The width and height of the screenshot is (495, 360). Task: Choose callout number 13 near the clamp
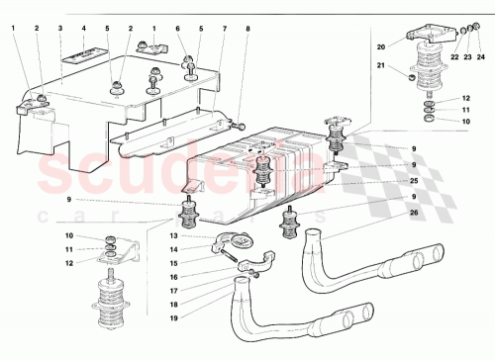point(173,236)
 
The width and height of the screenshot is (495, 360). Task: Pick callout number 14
point(173,250)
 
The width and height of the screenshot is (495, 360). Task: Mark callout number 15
point(173,264)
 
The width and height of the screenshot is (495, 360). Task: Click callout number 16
point(173,278)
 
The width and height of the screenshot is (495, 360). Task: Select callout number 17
point(173,292)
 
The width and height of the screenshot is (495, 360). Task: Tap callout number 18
point(173,306)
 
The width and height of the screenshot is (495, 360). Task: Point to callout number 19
point(173,319)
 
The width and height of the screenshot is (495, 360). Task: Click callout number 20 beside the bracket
point(379,46)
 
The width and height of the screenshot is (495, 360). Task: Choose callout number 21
point(379,66)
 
